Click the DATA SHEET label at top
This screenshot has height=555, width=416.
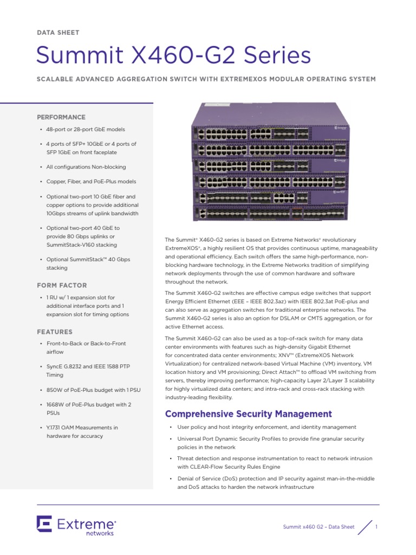[57, 33]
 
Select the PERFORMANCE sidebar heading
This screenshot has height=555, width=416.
[61, 117]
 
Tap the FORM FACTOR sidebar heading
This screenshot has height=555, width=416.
[61, 285]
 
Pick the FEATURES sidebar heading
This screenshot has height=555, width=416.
[54, 332]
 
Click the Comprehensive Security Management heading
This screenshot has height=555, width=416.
[248, 414]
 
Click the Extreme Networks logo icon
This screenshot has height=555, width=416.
[44, 525]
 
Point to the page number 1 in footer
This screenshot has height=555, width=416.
[376, 527]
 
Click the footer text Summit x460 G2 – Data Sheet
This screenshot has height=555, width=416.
[319, 527]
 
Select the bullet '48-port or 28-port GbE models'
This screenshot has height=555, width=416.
[86, 130]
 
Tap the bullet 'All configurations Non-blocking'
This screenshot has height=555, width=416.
[86, 167]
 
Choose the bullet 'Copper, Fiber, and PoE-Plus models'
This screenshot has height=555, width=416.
[91, 182]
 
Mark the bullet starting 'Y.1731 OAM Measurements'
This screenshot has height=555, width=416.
[82, 431]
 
